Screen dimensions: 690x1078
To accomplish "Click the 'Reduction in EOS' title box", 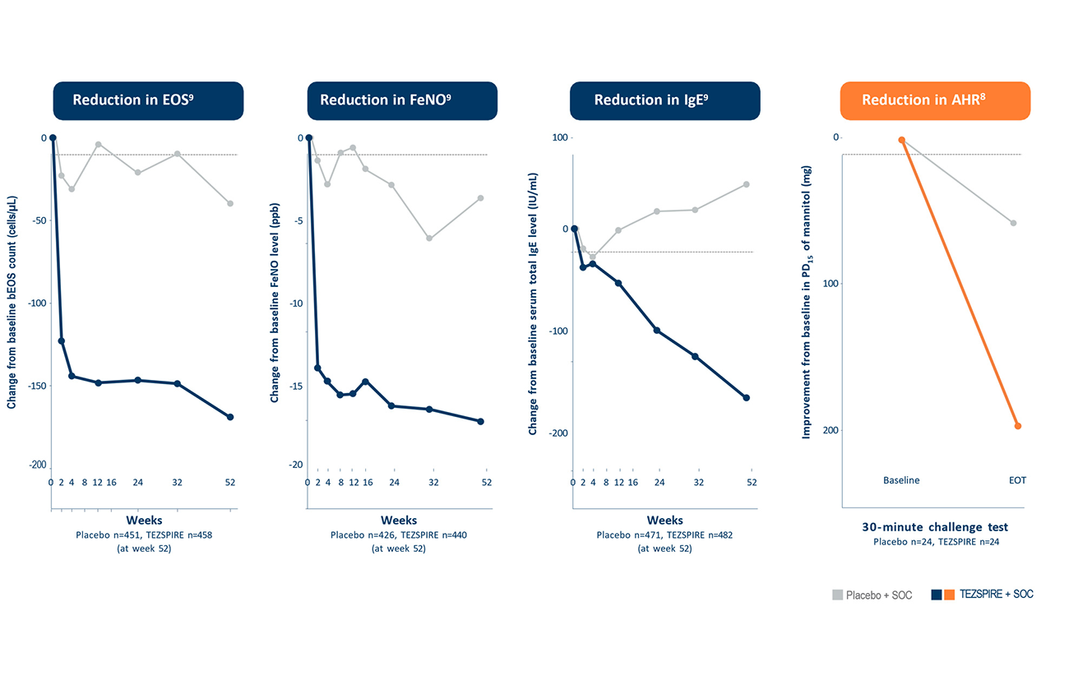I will tap(148, 100).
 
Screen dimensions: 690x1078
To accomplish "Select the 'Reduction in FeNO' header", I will tap(401, 100).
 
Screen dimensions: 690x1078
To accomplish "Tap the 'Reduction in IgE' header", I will tap(664, 100).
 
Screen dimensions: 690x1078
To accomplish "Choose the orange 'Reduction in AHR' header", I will tap(934, 100).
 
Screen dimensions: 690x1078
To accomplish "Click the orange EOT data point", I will tap(1018, 426).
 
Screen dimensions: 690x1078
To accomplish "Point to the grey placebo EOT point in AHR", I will tap(1013, 223).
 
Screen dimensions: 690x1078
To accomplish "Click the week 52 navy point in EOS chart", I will tap(230, 417).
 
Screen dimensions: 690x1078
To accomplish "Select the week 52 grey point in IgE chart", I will tap(747, 184).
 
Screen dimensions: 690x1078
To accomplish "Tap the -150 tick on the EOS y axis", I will tap(38, 385).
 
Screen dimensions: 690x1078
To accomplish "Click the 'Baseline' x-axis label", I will tap(901, 480).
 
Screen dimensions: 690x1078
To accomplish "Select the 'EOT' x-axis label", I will tap(1018, 480).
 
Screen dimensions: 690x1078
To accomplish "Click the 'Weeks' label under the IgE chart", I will tap(664, 520).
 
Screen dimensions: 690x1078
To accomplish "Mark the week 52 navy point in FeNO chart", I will tap(481, 421).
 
